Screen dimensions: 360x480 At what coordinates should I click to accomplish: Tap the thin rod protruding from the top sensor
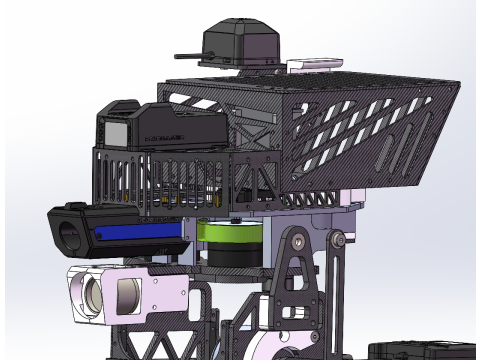pyautogui.click(x=189, y=56)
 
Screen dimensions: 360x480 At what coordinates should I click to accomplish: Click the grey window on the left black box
pyautogui.click(x=115, y=132)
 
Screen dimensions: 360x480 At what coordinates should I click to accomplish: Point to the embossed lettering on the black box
pyautogui.click(x=166, y=129)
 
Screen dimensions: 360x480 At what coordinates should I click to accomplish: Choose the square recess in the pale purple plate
pyautogui.click(x=129, y=295)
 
